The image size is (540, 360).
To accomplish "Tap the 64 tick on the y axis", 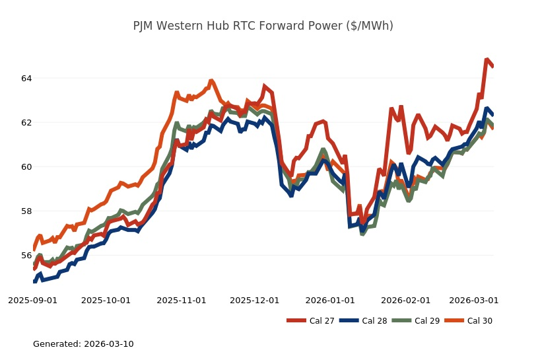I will (x=26, y=79).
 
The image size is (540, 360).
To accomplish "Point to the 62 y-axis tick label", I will (x=26, y=123).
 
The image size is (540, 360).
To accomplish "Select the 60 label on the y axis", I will (x=26, y=167).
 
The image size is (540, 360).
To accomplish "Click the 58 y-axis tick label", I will (x=26, y=211).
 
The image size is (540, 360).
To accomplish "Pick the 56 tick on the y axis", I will (x=26, y=256).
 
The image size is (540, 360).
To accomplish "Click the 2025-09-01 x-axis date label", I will (x=32, y=300).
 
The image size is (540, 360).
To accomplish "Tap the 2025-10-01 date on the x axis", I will (x=106, y=300).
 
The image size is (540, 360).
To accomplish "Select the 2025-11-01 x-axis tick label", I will (x=182, y=300).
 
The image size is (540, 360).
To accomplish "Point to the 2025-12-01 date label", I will (x=255, y=300).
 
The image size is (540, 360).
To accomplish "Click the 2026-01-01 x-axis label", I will (x=331, y=300).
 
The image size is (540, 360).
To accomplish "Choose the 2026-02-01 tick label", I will (x=406, y=300).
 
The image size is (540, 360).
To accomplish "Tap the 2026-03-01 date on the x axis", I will (x=474, y=300).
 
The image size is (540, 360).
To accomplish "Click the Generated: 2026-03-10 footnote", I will (x=83, y=344).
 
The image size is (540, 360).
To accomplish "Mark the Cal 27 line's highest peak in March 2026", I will (x=487, y=59).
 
